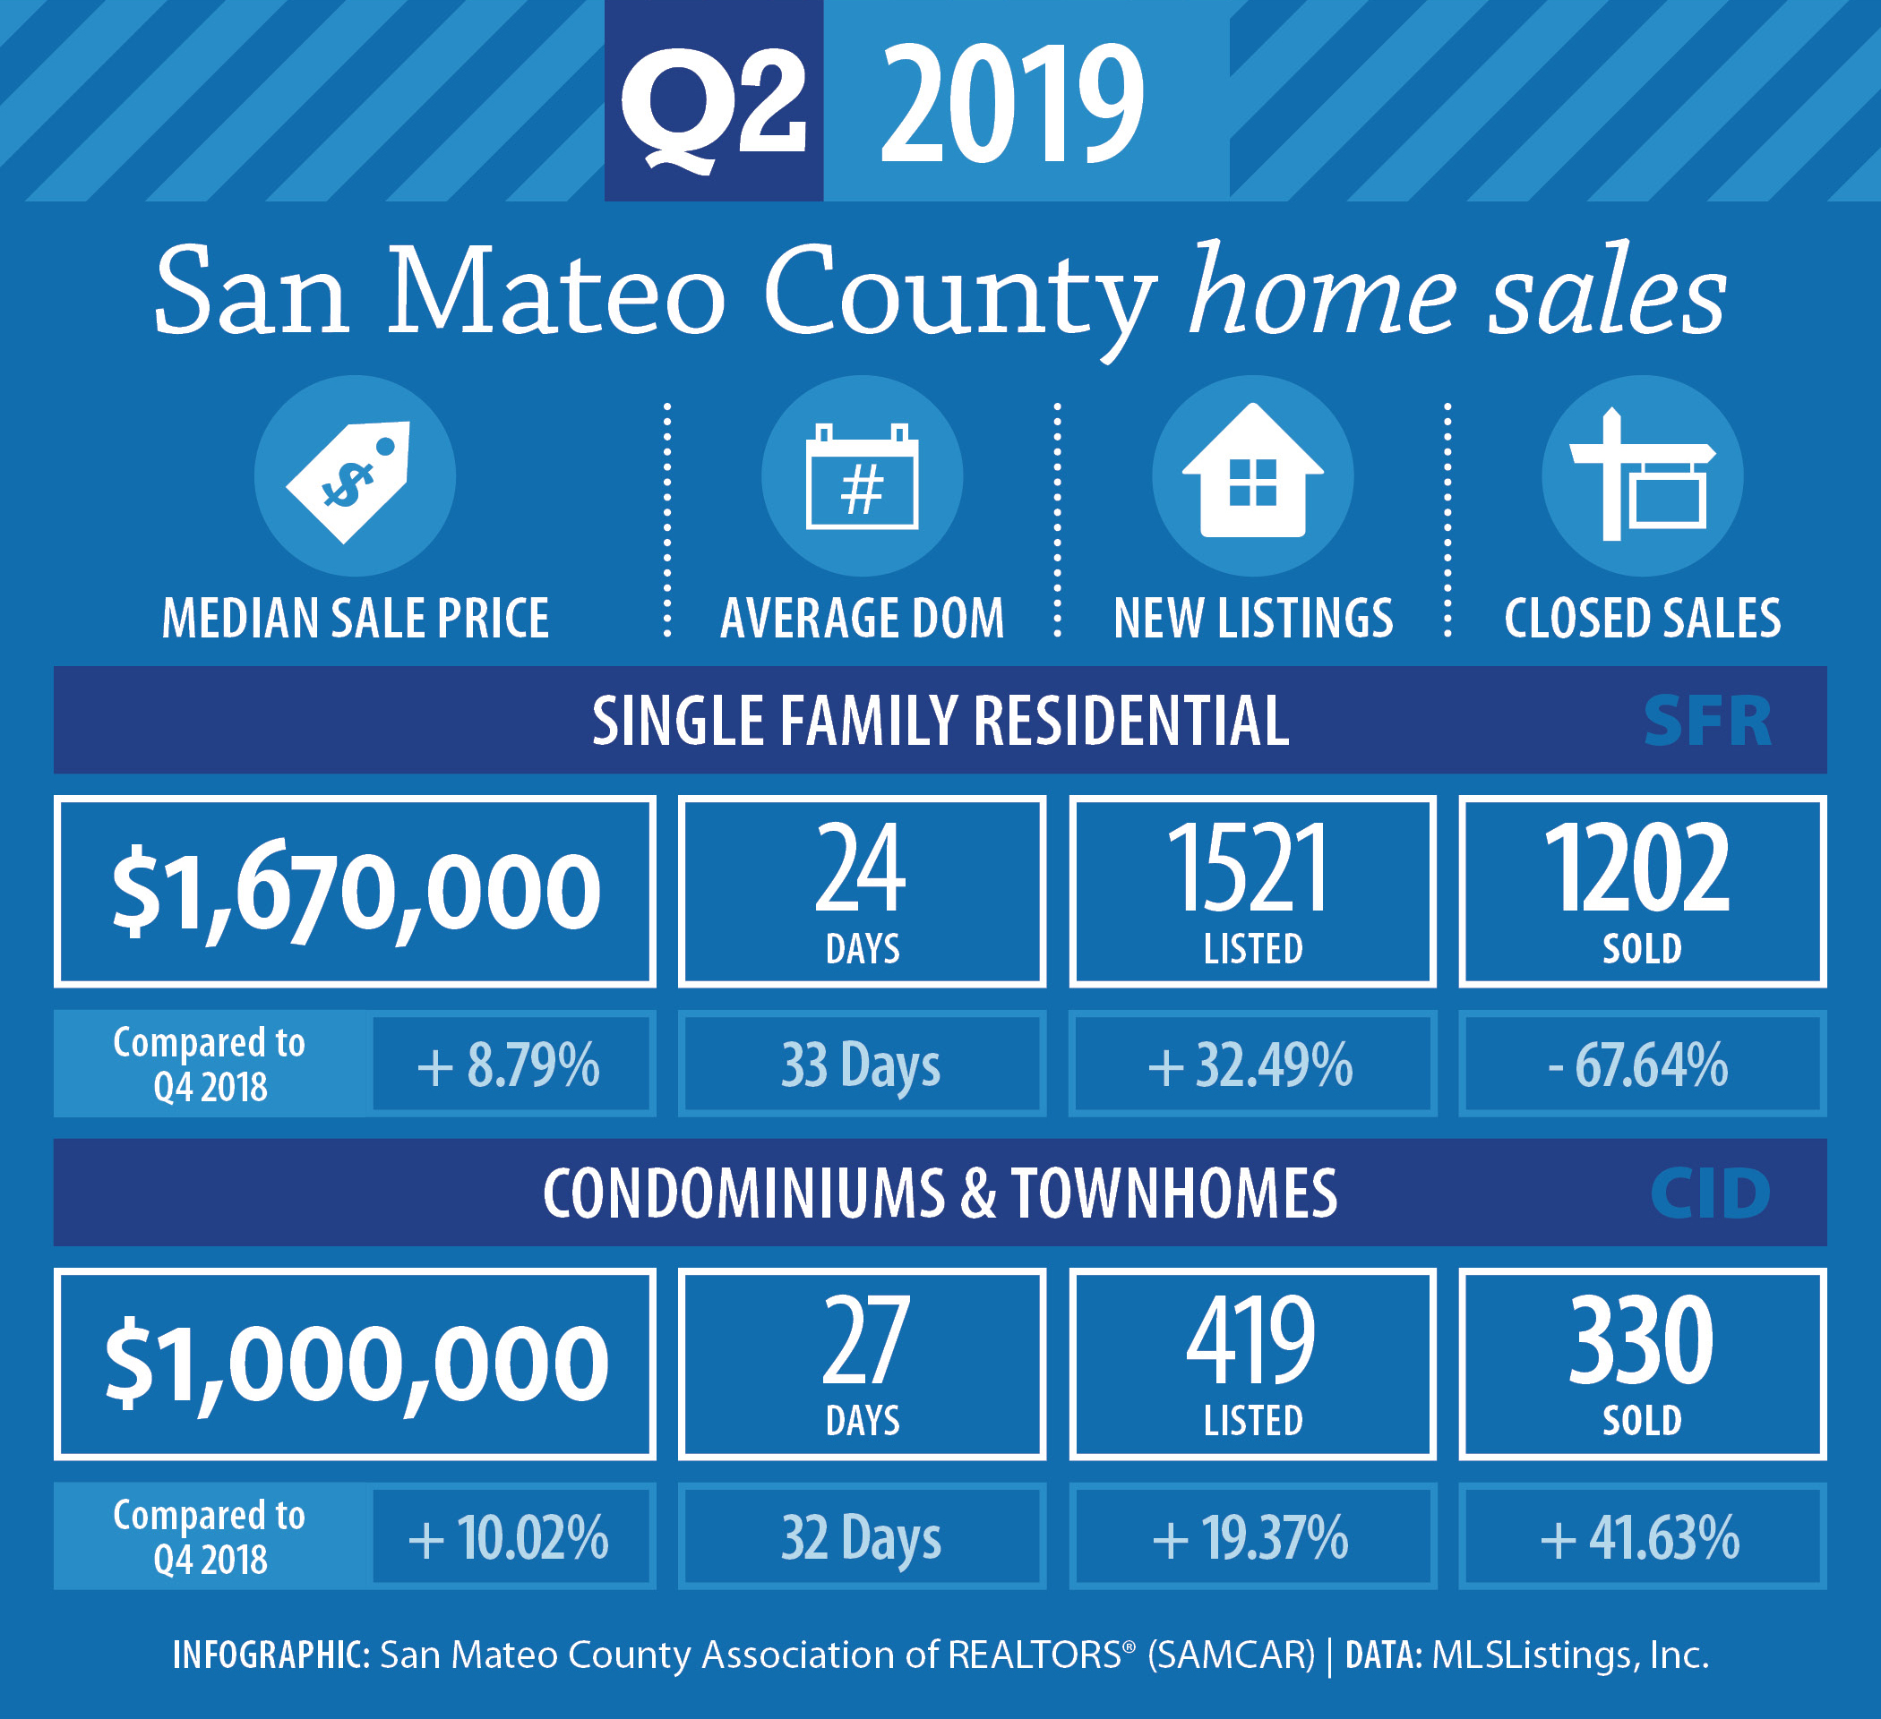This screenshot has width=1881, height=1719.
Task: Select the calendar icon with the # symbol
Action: click(862, 475)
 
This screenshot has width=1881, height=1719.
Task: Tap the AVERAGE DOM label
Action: click(862, 619)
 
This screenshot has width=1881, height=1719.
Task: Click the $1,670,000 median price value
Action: click(356, 893)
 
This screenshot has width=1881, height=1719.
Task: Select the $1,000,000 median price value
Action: click(356, 1364)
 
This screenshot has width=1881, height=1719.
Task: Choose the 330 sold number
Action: click(1641, 1340)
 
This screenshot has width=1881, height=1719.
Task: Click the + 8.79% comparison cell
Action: click(511, 1065)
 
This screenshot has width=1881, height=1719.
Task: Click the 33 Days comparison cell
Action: click(862, 1065)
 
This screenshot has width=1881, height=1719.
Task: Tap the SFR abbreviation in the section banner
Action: click(1707, 721)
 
